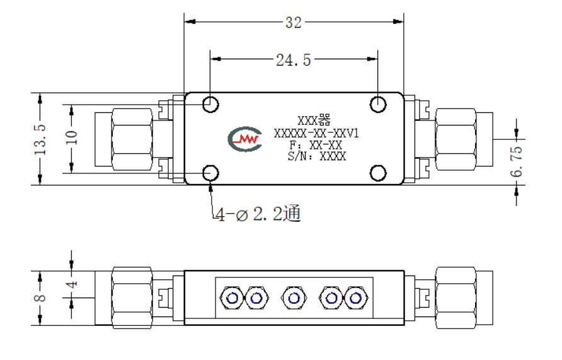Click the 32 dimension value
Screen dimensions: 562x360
(x=293, y=23)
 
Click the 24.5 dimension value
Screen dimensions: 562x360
(x=293, y=60)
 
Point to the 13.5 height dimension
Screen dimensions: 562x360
(x=40, y=139)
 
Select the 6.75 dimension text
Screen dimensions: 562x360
(x=517, y=161)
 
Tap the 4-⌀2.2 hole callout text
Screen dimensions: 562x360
(x=258, y=214)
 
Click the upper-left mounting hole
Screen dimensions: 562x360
(x=210, y=104)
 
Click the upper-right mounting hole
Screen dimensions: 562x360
(x=378, y=104)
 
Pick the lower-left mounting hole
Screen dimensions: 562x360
(x=210, y=173)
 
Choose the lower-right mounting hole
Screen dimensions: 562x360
(x=378, y=173)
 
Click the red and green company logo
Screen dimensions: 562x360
(x=245, y=139)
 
